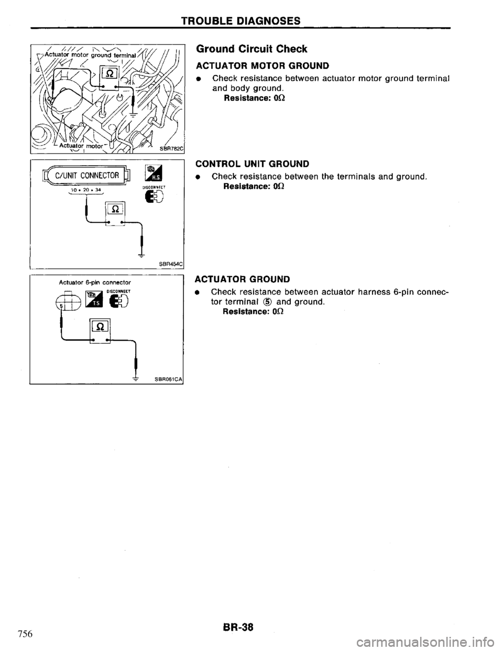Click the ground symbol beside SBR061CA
click(x=136, y=381)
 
